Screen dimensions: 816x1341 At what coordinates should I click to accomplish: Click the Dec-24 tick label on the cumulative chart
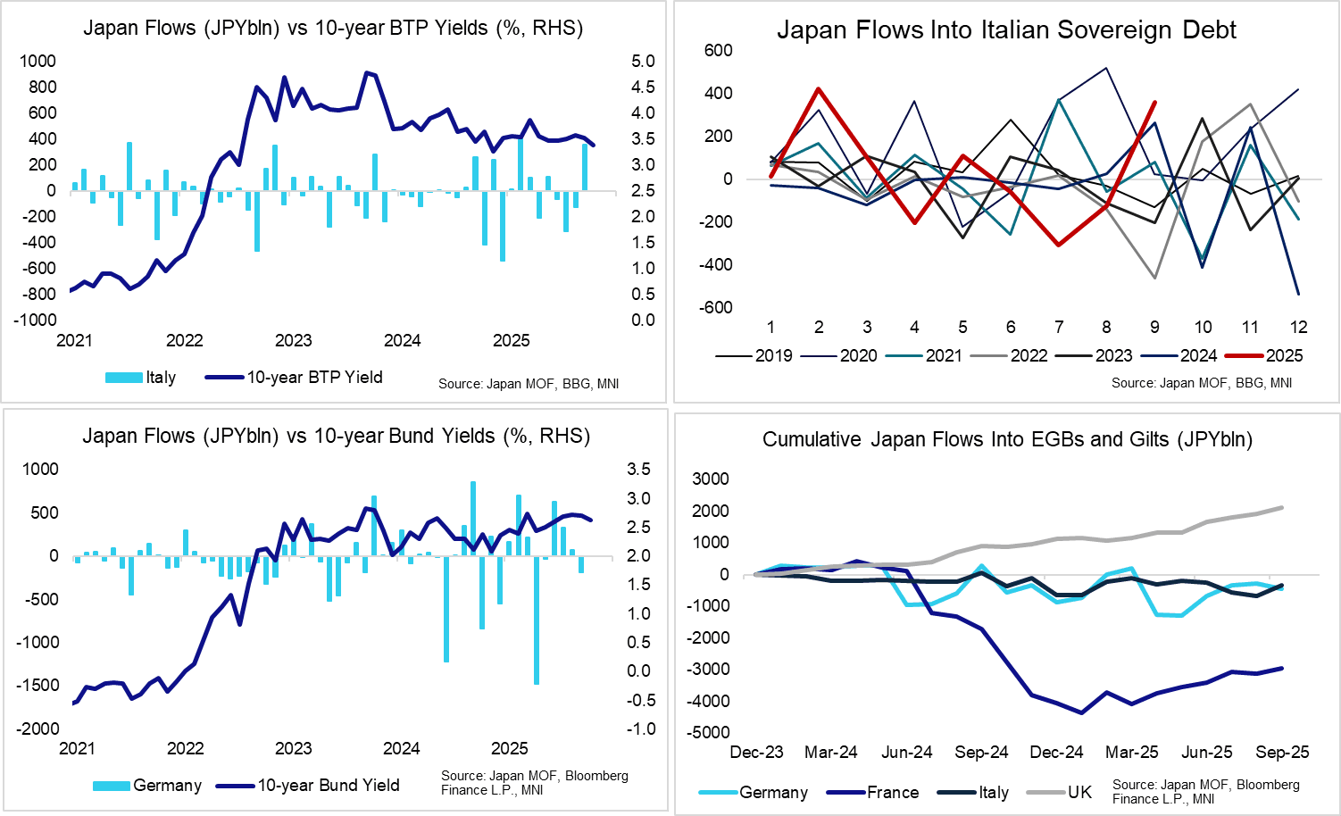[x=1056, y=752]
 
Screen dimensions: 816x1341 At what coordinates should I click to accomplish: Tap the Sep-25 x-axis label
[x=1282, y=752]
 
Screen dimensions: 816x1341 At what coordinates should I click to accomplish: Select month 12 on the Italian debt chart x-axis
[x=1298, y=327]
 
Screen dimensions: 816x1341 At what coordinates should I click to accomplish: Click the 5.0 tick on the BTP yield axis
[x=643, y=61]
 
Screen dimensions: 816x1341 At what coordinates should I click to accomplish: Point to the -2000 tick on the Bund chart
[x=37, y=729]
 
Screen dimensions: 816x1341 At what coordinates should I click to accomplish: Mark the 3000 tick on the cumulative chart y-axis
[x=711, y=479]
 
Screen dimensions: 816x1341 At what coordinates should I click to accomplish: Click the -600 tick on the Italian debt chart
[x=718, y=307]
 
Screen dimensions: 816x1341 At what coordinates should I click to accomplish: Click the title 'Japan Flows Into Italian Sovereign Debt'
[x=1006, y=29]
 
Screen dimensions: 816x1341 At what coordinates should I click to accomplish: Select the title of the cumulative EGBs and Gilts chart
[x=1007, y=439]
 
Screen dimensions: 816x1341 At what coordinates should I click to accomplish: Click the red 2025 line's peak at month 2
[x=819, y=88]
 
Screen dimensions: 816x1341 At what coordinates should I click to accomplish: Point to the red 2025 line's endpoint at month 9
[x=1154, y=103]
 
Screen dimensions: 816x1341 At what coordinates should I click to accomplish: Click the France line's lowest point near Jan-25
[x=1082, y=712]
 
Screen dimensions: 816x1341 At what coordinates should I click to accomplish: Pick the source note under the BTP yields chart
[x=529, y=384]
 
